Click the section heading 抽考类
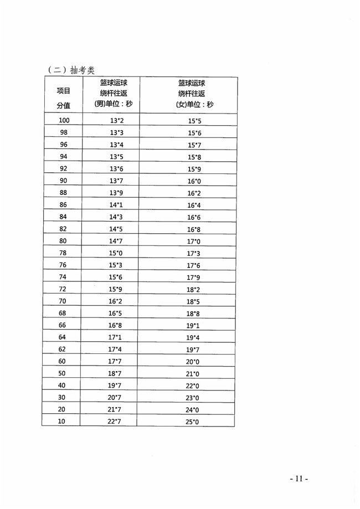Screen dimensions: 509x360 [72, 70]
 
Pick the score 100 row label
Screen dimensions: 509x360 [63, 120]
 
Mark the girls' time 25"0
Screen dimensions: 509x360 [192, 423]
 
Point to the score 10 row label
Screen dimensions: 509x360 [63, 421]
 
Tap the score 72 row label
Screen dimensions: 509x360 [63, 289]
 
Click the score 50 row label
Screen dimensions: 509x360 [63, 373]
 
